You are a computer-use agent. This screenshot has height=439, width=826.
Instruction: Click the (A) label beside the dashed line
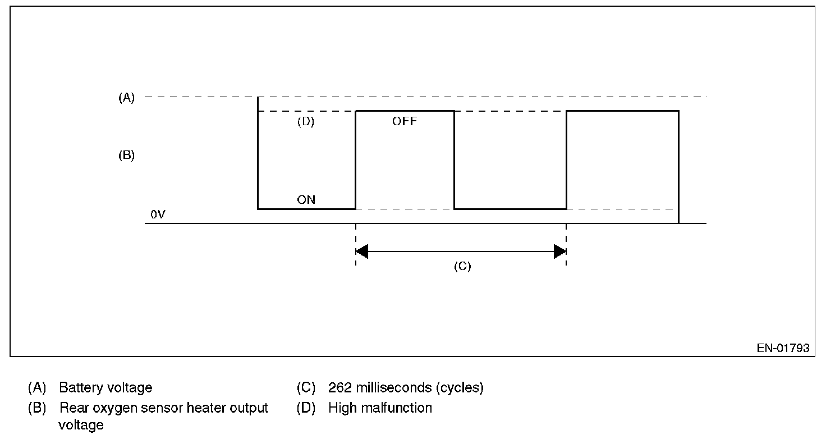[126, 98]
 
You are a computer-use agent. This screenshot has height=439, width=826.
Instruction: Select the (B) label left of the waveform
[126, 156]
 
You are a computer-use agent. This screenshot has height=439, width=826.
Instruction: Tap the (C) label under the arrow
[462, 267]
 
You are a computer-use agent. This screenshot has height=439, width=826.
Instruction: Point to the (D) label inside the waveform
[305, 122]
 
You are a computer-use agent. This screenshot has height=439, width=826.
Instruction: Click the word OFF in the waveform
[405, 121]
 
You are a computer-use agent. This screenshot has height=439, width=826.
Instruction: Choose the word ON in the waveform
[306, 200]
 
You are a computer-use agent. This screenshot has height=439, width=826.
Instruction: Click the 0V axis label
[158, 214]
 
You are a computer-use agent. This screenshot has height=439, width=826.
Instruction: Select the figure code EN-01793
[783, 348]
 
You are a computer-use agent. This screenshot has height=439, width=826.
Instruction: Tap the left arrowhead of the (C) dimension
[361, 251]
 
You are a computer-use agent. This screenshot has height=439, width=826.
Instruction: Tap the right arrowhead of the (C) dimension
[560, 251]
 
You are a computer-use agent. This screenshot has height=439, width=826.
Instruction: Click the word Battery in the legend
[79, 388]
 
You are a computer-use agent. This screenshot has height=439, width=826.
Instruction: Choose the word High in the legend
[341, 408]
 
